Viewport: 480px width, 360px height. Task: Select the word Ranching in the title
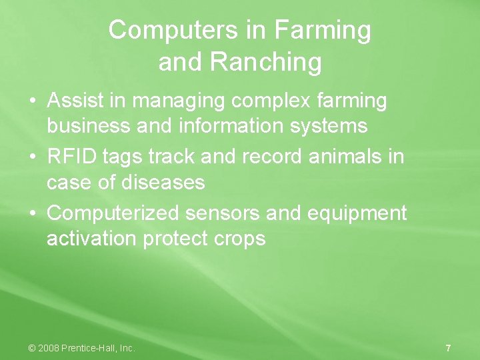click(265, 62)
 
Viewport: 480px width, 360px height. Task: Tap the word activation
click(92, 238)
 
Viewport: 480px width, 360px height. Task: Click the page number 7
click(448, 348)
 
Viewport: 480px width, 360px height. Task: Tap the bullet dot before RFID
click(33, 157)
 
